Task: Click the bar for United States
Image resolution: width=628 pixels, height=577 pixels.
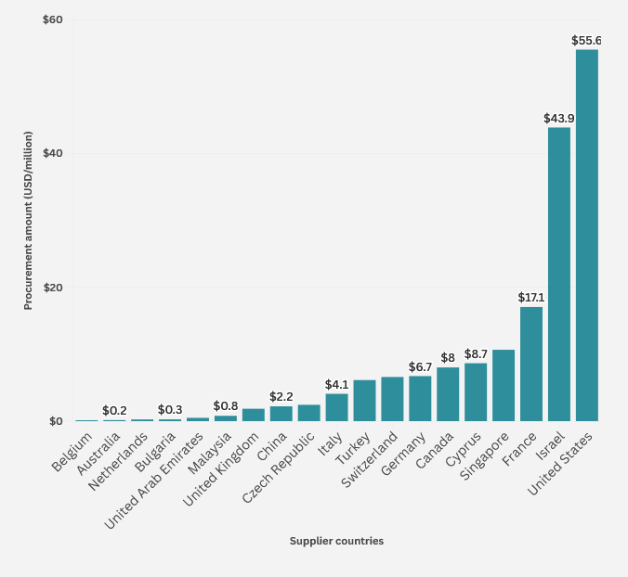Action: tap(586, 236)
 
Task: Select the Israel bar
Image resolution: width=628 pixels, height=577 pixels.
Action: tap(558, 275)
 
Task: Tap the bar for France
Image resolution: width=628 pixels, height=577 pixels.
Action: tap(530, 364)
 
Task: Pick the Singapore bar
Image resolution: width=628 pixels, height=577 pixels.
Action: tap(503, 385)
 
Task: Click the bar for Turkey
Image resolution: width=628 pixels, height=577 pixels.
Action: tap(364, 400)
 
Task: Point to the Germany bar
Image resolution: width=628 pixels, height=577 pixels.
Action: tap(420, 398)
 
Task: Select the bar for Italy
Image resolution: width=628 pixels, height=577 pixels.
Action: tap(336, 407)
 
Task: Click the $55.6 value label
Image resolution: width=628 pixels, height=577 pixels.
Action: tap(586, 41)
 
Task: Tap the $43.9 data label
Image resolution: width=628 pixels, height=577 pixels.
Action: tap(558, 119)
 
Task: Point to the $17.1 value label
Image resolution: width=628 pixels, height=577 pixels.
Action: tap(530, 298)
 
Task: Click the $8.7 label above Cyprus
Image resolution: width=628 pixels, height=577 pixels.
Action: tap(476, 354)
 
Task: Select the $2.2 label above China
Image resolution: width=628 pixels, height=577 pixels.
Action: tap(281, 397)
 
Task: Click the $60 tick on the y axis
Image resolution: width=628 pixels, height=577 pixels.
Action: tap(53, 19)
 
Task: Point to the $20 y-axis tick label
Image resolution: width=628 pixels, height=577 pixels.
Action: tap(53, 288)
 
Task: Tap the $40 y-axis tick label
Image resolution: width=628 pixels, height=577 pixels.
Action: tap(53, 153)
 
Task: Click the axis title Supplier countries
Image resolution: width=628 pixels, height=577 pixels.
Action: tap(336, 541)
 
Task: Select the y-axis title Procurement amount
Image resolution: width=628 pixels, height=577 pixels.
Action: tap(29, 220)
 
